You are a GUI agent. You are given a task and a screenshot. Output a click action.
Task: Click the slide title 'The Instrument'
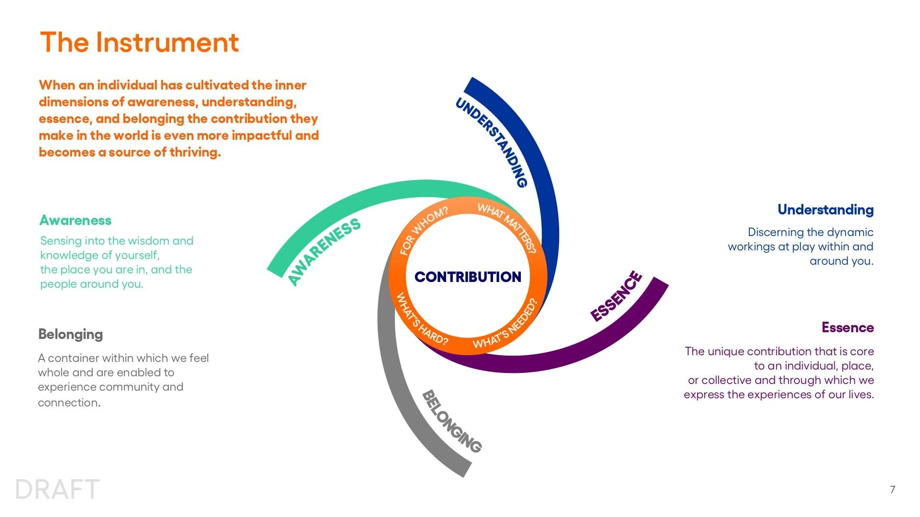point(139,42)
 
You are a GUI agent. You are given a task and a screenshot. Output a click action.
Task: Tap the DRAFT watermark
point(57,489)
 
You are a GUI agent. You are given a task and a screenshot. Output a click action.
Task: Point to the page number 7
point(893,489)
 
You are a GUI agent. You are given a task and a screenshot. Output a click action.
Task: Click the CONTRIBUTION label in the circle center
point(468,277)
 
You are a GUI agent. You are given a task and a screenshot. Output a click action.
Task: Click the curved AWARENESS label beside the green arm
point(324,251)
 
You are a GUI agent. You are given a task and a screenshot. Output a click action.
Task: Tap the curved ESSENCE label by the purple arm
point(616,296)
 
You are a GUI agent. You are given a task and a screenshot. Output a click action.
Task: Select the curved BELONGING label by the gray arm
point(452,421)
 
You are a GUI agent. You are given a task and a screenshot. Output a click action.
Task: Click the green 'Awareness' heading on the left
point(75,220)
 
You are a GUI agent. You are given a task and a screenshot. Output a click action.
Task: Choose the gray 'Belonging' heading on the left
point(70,334)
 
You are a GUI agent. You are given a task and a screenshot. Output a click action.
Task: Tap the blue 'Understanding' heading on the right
point(825,210)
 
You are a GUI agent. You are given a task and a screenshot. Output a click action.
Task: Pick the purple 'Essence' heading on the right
point(848,327)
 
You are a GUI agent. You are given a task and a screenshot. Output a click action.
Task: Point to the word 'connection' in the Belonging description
point(69,403)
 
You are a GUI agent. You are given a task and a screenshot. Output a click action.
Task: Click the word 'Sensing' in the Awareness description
point(60,241)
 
